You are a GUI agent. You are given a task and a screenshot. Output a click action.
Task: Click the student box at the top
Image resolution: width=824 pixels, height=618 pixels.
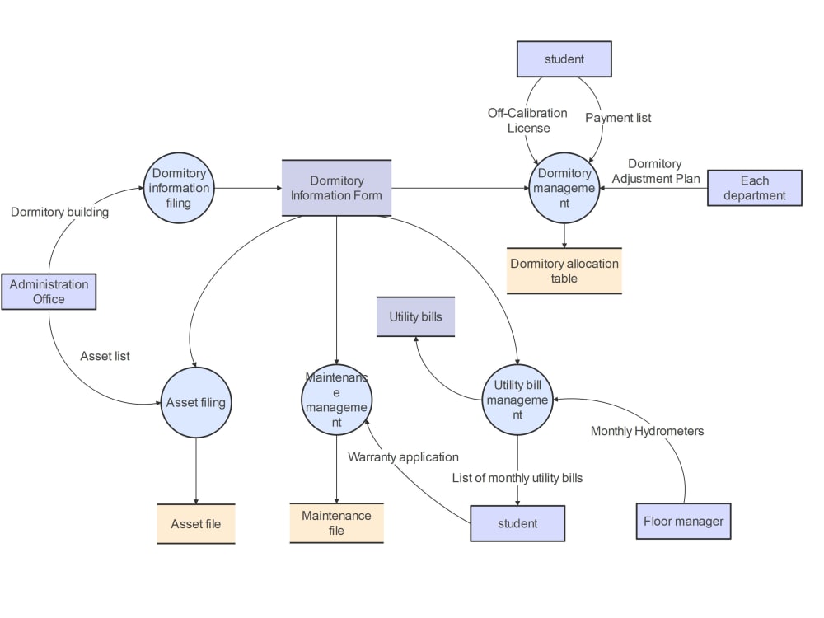pyautogui.click(x=564, y=59)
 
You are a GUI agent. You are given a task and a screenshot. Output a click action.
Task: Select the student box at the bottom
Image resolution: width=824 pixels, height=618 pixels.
pyautogui.click(x=517, y=523)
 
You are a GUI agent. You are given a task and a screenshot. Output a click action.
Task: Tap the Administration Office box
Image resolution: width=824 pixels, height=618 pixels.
pyautogui.click(x=49, y=292)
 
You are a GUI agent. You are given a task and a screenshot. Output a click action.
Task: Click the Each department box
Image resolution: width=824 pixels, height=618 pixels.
pyautogui.click(x=754, y=188)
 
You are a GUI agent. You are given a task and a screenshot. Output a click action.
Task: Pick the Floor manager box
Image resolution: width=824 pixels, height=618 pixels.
pyautogui.click(x=683, y=521)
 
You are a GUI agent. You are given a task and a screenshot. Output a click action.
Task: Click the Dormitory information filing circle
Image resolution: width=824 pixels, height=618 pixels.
pyautogui.click(x=179, y=189)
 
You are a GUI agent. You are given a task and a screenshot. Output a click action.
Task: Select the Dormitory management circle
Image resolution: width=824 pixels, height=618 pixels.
pyautogui.click(x=564, y=188)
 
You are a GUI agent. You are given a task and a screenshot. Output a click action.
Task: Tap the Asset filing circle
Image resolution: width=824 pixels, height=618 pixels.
pyautogui.click(x=195, y=403)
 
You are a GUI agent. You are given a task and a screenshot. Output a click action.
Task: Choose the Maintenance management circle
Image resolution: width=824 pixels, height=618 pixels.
pyautogui.click(x=336, y=400)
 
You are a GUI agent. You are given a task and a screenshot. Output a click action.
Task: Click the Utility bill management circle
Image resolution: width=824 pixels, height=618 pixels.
pyautogui.click(x=517, y=400)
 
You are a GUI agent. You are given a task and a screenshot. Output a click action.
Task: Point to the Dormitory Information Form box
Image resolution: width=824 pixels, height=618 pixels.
pyautogui.click(x=336, y=188)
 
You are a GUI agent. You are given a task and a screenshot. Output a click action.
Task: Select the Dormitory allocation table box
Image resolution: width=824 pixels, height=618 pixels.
pyautogui.click(x=564, y=271)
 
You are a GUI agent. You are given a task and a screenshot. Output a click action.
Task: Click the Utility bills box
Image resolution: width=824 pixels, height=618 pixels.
pyautogui.click(x=415, y=317)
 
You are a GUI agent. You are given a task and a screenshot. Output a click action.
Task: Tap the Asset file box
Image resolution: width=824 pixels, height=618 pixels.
pyautogui.click(x=195, y=524)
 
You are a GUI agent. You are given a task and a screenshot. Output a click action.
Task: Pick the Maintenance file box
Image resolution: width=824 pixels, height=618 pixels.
pyautogui.click(x=336, y=523)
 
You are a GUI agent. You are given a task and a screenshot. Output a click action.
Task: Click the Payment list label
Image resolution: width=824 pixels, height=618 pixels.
pyautogui.click(x=618, y=118)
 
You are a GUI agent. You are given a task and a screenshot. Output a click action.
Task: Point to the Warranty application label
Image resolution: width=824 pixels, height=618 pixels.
pyautogui.click(x=403, y=456)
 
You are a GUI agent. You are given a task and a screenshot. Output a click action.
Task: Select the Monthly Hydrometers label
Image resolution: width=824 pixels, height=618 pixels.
pyautogui.click(x=647, y=431)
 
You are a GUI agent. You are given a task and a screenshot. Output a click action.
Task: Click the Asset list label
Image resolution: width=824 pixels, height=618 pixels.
pyautogui.click(x=105, y=356)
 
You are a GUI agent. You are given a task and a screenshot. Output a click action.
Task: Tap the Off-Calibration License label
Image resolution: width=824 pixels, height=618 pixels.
pyautogui.click(x=527, y=120)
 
